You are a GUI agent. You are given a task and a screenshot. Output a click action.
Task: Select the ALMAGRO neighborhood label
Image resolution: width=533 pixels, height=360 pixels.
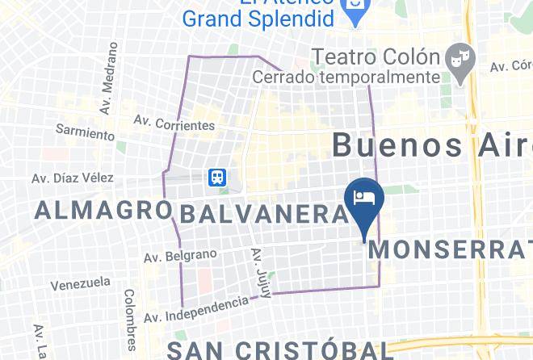pyautogui.click(x=103, y=211)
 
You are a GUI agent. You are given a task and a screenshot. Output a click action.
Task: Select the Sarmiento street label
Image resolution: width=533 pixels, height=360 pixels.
pyautogui.click(x=85, y=129)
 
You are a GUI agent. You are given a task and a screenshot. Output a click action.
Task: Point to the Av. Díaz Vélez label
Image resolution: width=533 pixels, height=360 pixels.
pyautogui.click(x=73, y=178)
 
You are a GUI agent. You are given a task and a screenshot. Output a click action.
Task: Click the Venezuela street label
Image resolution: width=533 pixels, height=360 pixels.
pyautogui.click(x=80, y=284)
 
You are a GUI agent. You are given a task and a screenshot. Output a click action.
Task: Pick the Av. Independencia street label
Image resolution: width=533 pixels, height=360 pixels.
pyautogui.click(x=196, y=309)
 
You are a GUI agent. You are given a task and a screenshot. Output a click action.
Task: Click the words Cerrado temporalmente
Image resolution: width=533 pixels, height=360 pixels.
pyautogui.click(x=346, y=77)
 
